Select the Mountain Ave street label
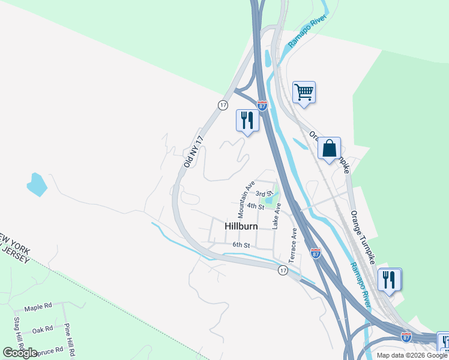[246, 199]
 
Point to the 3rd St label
[264, 194]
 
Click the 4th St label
[255, 206]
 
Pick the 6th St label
[241, 245]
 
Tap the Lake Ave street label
[276, 216]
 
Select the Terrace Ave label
[294, 246]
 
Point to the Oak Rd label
[43, 329]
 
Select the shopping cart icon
[304, 92]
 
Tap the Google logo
[20, 353]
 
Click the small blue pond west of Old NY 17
[37, 184]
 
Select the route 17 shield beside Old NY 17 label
[223, 104]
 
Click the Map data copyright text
[412, 355]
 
